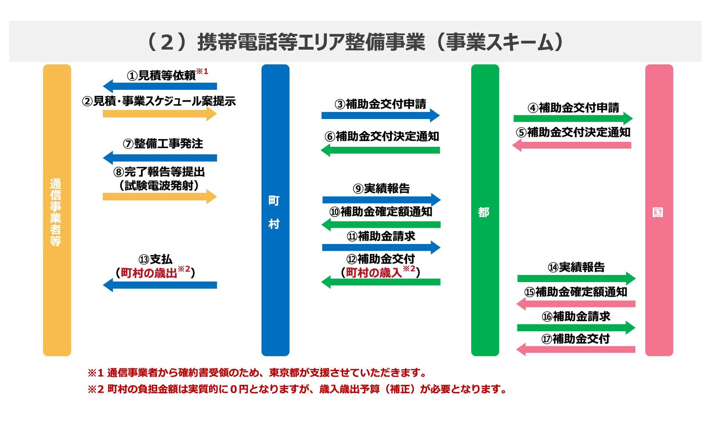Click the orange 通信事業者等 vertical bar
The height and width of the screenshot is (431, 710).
[57, 210]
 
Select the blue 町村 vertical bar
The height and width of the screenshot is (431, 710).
[275, 210]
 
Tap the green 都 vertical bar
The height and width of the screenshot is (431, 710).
[485, 210]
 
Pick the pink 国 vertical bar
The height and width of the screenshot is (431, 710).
[659, 210]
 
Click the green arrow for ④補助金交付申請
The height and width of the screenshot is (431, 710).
[573, 119]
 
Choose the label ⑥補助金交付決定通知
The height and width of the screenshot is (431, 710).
[382, 136]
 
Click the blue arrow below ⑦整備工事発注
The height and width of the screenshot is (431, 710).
[160, 158]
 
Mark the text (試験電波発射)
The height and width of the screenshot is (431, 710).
[159, 185]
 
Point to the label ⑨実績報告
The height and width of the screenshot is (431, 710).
[381, 189]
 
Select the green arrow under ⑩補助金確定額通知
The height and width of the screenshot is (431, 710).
[381, 224]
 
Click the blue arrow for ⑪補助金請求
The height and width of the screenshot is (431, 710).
[381, 247]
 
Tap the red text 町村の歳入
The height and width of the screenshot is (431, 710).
[374, 273]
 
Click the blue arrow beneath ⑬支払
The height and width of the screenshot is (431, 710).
[160, 285]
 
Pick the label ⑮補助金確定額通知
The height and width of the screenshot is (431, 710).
[575, 292]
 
